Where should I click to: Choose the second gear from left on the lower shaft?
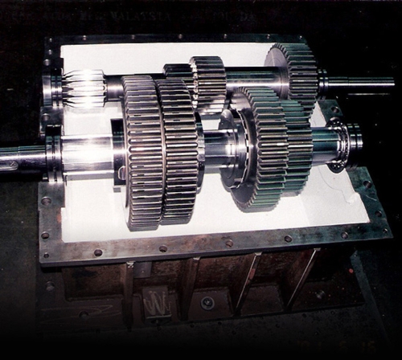point(177,153)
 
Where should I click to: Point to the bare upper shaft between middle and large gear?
point(244,80)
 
